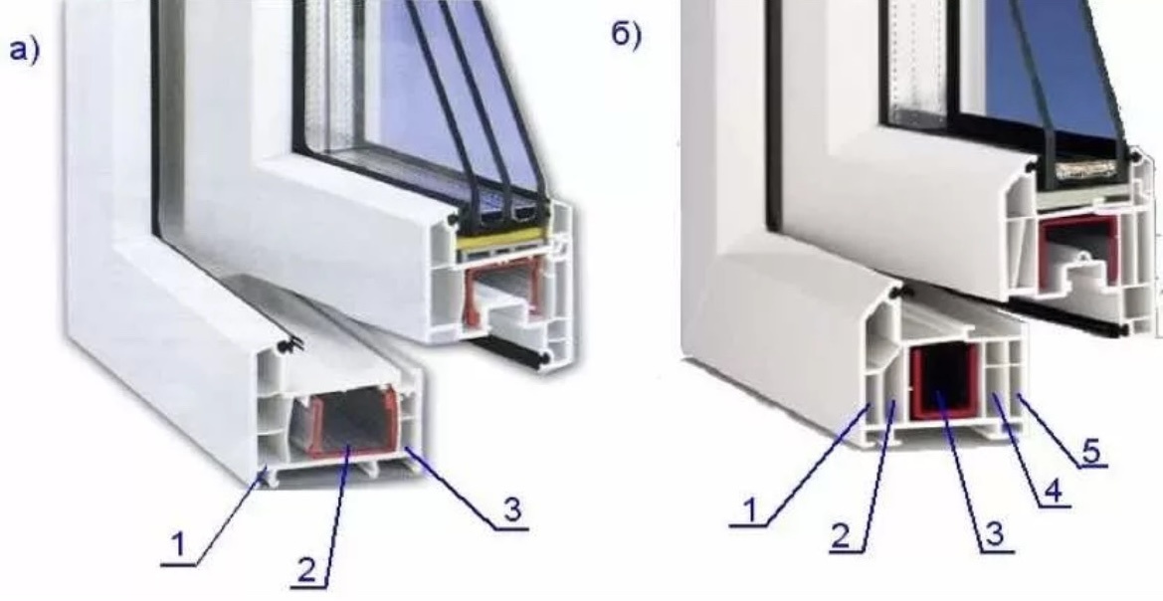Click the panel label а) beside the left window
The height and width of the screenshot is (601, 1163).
click(x=24, y=51)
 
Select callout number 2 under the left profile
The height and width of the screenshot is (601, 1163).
click(x=307, y=568)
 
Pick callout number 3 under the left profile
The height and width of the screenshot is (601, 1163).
click(x=511, y=511)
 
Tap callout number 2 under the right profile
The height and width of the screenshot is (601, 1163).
click(x=840, y=535)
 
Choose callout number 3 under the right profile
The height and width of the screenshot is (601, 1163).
click(x=995, y=534)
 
